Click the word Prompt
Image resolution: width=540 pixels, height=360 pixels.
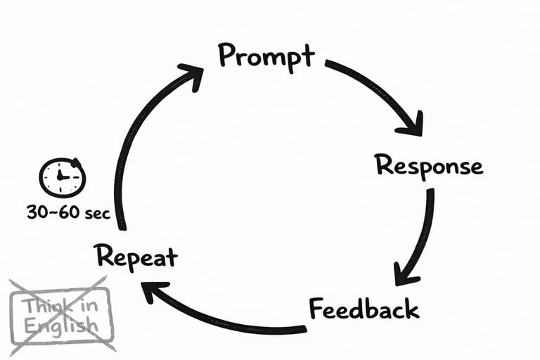pos(266,56)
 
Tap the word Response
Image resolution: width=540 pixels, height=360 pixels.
pos(429,166)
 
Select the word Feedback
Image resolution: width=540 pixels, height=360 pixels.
pos(364,309)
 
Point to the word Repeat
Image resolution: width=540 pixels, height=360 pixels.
pos(136,257)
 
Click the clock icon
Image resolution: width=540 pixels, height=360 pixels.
pos(62,177)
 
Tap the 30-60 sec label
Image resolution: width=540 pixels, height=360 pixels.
pos(68,212)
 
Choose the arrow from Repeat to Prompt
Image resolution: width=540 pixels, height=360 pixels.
pos(141,141)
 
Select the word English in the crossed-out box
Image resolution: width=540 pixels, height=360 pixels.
pos(60,326)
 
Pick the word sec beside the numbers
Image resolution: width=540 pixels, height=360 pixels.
pos(96,213)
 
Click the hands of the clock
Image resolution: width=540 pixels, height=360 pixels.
pos(63,176)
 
